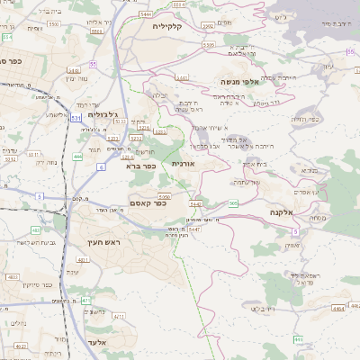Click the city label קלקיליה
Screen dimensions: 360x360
click(169, 26)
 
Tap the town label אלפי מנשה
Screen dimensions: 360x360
click(239, 82)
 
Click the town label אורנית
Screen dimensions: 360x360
click(182, 164)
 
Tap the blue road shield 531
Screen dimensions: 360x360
click(75, 117)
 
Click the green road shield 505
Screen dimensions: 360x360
click(233, 204)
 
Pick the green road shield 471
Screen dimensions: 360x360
click(85, 300)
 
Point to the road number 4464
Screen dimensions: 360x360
click(337, 308)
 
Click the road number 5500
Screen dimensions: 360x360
click(54, 24)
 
